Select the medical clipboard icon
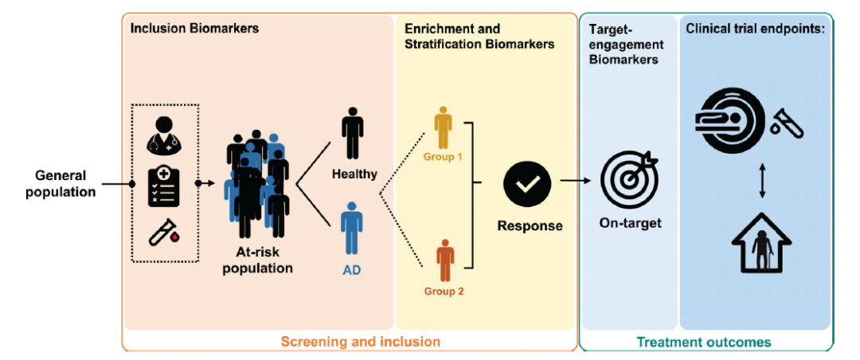pyautogui.click(x=164, y=188)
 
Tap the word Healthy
pyautogui.click(x=354, y=175)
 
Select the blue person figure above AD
pyautogui.click(x=352, y=228)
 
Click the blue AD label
pyautogui.click(x=352, y=271)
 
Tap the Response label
pyautogui.click(x=530, y=225)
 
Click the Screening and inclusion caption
pyautogui.click(x=361, y=342)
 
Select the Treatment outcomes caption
pyautogui.click(x=704, y=342)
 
